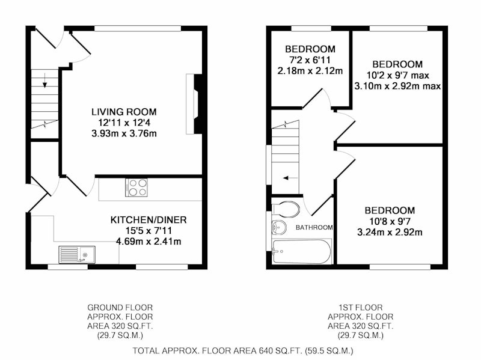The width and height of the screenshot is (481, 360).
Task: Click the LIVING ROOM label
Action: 124,112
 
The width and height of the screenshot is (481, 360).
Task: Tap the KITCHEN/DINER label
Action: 149,220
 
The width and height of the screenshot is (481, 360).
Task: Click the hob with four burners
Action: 136,188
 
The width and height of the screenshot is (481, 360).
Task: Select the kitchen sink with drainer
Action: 77,255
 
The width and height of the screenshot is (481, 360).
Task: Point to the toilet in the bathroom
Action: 286,209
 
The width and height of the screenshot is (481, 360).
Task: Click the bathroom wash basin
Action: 279,228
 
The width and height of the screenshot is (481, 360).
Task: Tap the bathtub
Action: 302,251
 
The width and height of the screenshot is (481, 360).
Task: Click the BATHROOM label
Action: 314,228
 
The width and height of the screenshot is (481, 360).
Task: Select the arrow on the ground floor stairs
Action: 45,81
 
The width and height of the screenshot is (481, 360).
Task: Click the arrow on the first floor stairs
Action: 290,178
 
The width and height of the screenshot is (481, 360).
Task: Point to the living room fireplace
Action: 194,104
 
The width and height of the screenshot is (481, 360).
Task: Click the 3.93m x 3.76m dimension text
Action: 124,133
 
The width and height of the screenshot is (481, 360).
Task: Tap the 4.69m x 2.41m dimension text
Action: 149,242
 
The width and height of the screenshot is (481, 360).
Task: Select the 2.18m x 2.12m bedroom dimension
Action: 310,71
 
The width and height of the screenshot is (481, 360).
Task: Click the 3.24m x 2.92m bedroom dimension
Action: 390,233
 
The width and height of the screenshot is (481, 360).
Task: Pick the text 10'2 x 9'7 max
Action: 398,75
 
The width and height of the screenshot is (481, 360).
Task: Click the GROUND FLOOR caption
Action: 120,308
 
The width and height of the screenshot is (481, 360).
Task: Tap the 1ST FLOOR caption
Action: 360,308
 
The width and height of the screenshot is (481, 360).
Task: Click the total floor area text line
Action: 243,350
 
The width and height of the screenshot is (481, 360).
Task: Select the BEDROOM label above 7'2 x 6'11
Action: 310,49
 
